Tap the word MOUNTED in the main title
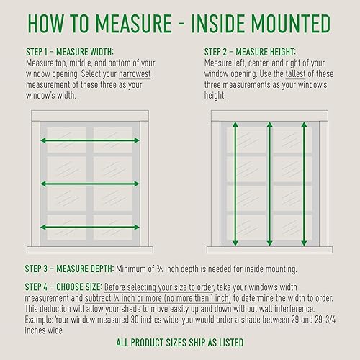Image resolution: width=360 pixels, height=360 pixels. pyautogui.click(x=291, y=24)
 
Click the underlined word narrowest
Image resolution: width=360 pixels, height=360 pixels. pyautogui.click(x=135, y=74)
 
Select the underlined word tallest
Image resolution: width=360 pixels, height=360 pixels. pyautogui.click(x=295, y=74)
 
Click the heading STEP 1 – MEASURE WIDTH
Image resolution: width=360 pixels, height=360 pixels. pyautogui.click(x=70, y=52)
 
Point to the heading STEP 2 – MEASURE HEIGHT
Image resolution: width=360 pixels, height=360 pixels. pyautogui.click(x=250, y=52)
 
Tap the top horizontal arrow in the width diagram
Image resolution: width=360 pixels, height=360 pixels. pyautogui.click(x=90, y=140)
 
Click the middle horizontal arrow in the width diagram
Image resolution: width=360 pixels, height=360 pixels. pyautogui.click(x=90, y=184)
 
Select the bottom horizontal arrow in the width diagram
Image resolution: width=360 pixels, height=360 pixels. pyautogui.click(x=90, y=227)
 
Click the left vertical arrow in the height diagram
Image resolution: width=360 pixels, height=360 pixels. pyautogui.click(x=235, y=184)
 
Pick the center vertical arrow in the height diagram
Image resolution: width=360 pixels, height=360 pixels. pyautogui.click(x=269, y=184)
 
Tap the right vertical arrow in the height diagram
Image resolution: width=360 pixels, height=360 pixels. pyautogui.click(x=304, y=184)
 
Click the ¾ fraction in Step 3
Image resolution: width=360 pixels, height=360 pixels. pyautogui.click(x=160, y=269)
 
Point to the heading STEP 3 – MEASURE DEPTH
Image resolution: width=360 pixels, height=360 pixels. pyautogui.click(x=69, y=269)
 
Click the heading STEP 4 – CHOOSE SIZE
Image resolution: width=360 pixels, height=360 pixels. pyautogui.click(x=63, y=287)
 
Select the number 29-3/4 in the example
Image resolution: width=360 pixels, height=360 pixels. pyautogui.click(x=325, y=320)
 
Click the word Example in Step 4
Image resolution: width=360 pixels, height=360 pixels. pyautogui.click(x=39, y=320)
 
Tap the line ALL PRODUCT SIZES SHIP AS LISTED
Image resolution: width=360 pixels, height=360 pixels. pyautogui.click(x=180, y=343)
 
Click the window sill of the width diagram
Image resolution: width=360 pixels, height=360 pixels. pyautogui.click(x=90, y=250)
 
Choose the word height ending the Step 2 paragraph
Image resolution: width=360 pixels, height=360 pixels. pyautogui.click(x=215, y=96)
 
